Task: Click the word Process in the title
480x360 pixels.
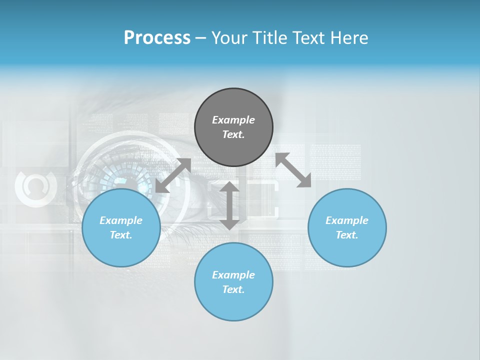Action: [157, 38]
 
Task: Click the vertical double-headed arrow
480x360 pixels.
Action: [229, 205]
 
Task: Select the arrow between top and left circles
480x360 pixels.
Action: [173, 175]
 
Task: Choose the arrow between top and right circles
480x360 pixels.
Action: [293, 170]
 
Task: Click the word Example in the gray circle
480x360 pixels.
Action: [233, 120]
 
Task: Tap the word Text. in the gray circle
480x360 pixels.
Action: [233, 134]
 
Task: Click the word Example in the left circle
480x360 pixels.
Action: [121, 220]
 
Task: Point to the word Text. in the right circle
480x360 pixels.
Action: [347, 235]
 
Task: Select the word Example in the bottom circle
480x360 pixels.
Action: [233, 275]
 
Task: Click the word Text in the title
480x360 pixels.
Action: [309, 38]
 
